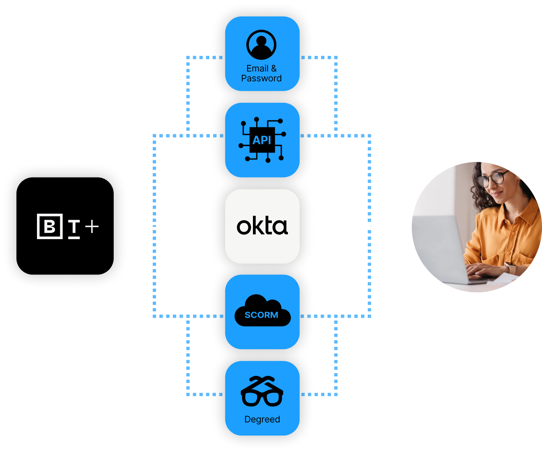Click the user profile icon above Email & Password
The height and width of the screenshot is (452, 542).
coord(262,45)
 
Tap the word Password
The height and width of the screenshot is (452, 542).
coord(261,78)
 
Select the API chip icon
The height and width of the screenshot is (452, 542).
coord(262,140)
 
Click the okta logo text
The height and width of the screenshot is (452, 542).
coord(262,226)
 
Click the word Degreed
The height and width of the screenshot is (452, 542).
coord(262,420)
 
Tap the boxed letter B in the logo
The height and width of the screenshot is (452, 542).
coord(50,226)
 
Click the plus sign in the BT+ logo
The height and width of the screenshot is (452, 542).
coord(92,226)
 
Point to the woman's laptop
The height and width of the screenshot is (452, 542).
coord(443,247)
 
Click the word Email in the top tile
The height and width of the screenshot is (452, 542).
coord(257,69)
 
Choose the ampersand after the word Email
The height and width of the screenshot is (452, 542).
coord(274,69)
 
